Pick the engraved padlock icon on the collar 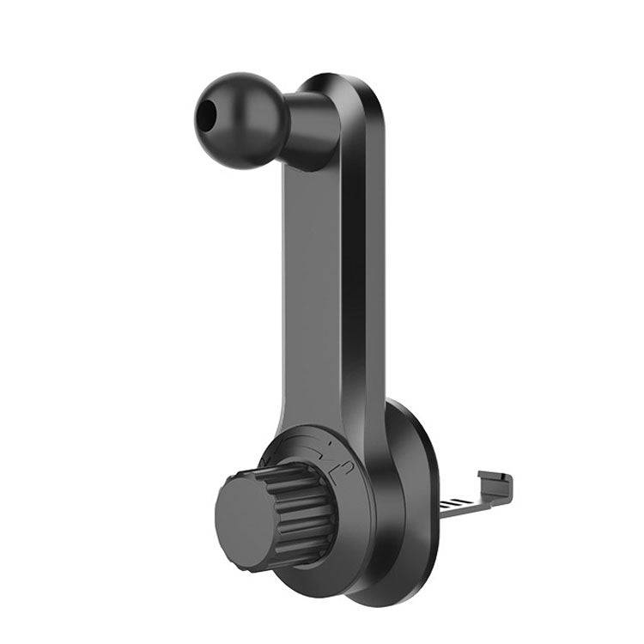pyautogui.click(x=341, y=470)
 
